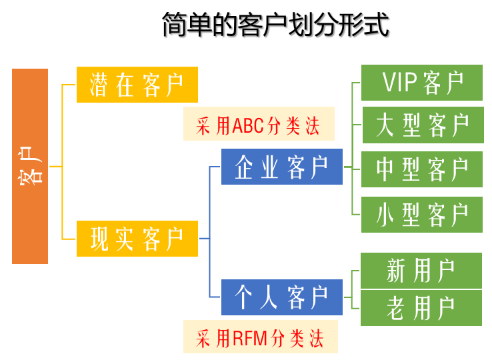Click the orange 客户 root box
(30, 166)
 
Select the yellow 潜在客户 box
(137, 85)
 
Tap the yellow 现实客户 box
(137, 239)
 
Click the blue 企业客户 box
(282, 167)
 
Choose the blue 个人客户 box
(282, 297)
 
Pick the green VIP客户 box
(421, 83)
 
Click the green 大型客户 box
(423, 125)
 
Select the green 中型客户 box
(421, 169)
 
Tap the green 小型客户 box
(421, 215)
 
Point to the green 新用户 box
(421, 271)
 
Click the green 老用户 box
(421, 308)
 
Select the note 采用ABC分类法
(259, 124)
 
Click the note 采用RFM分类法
(260, 337)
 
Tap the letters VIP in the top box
(399, 83)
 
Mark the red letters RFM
(249, 338)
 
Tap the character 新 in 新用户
(396, 271)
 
